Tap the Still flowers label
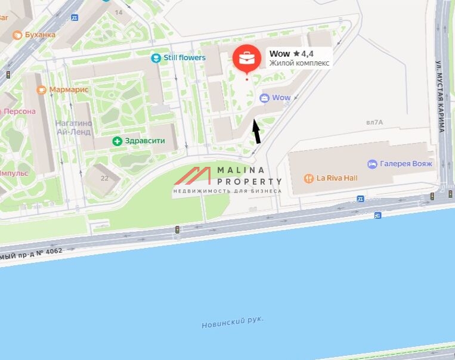[x=184, y=58]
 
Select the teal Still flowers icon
[x=156, y=58]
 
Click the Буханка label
[x=41, y=35]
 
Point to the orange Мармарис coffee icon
[x=41, y=89]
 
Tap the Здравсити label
[x=145, y=141]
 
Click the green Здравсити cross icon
[x=117, y=141]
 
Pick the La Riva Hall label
[x=337, y=178]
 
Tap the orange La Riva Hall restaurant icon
[x=308, y=178]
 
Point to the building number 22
[x=104, y=178]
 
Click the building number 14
[x=119, y=12]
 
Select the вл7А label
[x=374, y=122]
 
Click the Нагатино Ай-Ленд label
[x=72, y=128]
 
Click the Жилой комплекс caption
[x=299, y=63]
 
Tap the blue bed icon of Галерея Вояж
[x=372, y=163]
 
